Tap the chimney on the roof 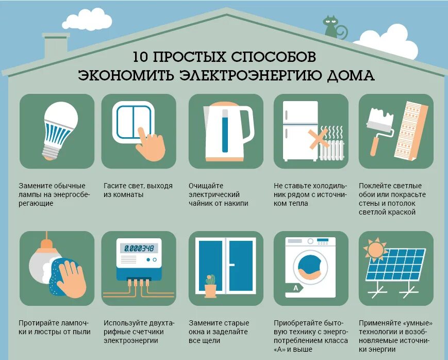(x=56, y=45)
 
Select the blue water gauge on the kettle (x=225, y=133)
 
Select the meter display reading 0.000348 (x=138, y=248)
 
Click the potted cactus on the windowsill (x=210, y=285)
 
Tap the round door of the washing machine (x=310, y=267)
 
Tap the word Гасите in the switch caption (x=114, y=186)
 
